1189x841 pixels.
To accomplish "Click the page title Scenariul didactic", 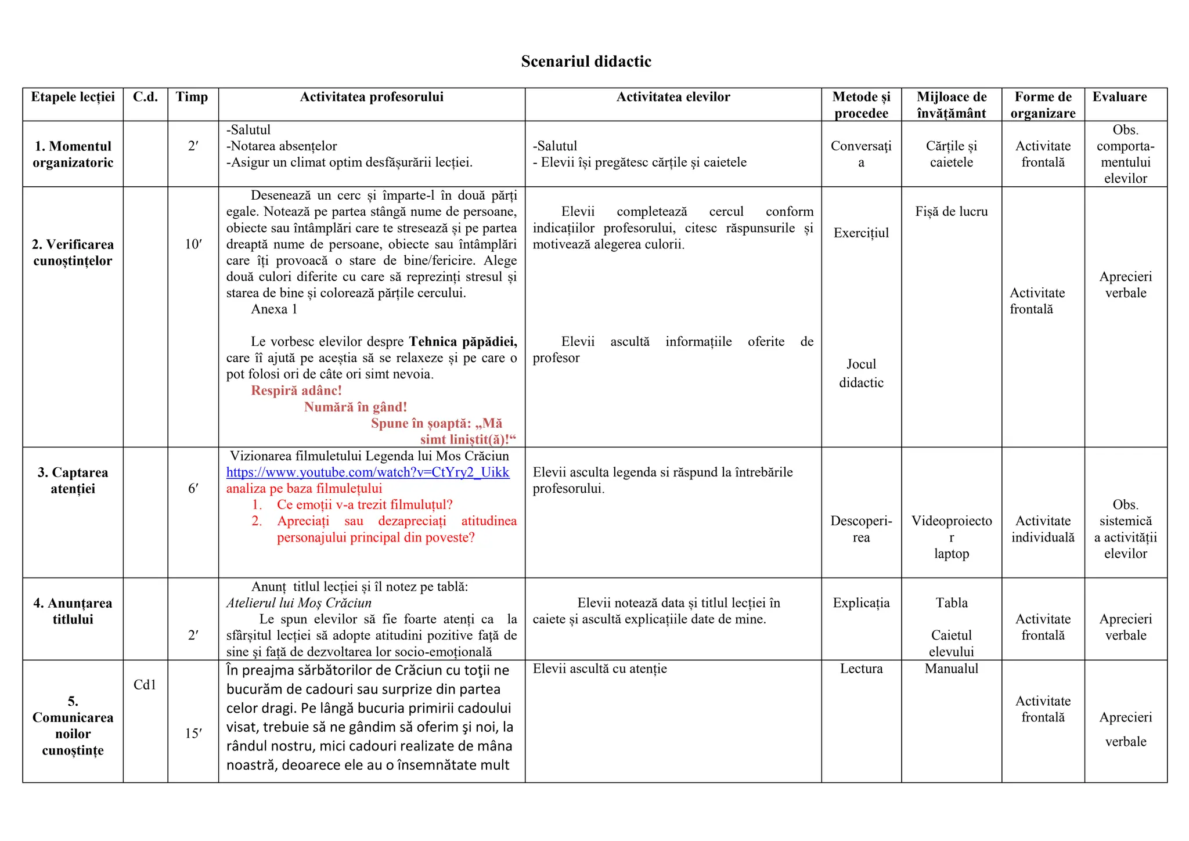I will click(x=586, y=62).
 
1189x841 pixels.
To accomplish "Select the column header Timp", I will click(x=192, y=97).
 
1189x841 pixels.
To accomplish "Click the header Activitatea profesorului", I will click(x=372, y=97).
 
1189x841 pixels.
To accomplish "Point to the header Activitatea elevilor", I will click(x=673, y=97).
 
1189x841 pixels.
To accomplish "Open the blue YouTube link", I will click(x=367, y=472).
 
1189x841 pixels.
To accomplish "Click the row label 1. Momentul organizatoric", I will click(x=73, y=154).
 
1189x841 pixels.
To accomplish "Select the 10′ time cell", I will click(x=193, y=244).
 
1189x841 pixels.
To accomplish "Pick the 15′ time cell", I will click(x=193, y=734).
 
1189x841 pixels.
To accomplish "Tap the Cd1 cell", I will click(x=145, y=685).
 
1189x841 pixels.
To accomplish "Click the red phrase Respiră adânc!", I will click(x=296, y=391).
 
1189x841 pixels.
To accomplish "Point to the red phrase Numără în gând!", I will click(x=355, y=407).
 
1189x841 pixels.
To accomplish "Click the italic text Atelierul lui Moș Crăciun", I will click(x=298, y=603).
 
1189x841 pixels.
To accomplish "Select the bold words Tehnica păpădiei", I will click(x=463, y=341).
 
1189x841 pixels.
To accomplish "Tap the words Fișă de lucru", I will click(x=951, y=212).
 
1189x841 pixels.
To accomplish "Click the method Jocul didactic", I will click(x=861, y=373).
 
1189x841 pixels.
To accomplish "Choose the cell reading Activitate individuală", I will click(x=1043, y=529).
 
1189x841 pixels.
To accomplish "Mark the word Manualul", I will click(x=951, y=669).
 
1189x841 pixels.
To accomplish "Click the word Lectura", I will click(x=861, y=669).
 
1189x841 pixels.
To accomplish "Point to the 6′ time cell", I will click(x=193, y=489).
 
